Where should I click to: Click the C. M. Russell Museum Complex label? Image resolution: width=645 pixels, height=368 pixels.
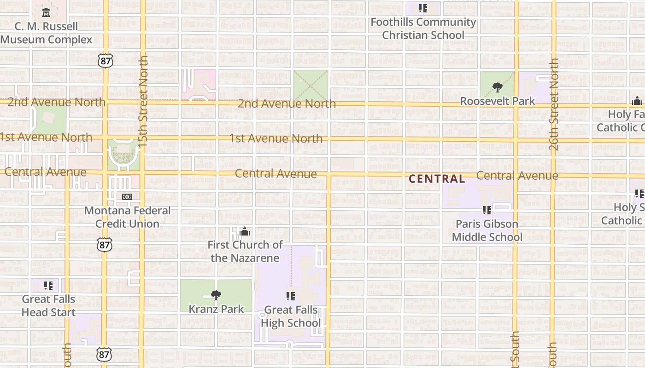(46, 33)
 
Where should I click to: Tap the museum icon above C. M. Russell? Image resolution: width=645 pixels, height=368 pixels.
(46, 12)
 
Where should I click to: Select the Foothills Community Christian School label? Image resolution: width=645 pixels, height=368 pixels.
(423, 29)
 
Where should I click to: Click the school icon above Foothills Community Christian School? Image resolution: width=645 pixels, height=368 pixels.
(423, 8)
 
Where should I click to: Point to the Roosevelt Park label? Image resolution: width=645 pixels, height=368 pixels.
(498, 101)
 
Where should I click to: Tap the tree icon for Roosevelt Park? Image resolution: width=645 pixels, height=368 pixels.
(497, 87)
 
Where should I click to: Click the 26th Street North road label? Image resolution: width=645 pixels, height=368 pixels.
(554, 104)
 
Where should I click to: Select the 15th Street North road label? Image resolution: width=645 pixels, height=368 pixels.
(143, 102)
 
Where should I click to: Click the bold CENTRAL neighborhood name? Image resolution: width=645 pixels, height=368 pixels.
(437, 179)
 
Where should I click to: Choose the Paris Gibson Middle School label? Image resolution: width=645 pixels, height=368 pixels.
(487, 230)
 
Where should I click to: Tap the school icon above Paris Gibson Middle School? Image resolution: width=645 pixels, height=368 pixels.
(487, 210)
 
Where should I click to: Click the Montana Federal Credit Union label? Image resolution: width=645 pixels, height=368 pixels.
(127, 217)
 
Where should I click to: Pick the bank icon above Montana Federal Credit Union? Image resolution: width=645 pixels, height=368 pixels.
(127, 197)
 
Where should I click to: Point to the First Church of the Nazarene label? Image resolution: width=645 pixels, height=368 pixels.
(245, 251)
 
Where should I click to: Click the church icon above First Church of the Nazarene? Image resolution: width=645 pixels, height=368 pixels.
(245, 231)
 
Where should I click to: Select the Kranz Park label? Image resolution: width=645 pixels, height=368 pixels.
(216, 309)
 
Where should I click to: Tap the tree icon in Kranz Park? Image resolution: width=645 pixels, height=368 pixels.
(216, 295)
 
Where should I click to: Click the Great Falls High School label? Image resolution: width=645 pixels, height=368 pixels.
(291, 316)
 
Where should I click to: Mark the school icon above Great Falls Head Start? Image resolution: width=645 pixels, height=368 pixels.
(48, 286)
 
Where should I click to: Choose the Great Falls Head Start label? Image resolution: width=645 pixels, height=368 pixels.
(48, 305)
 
